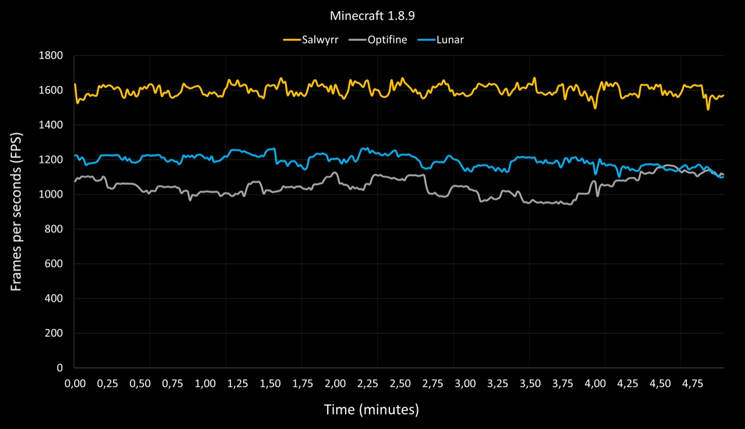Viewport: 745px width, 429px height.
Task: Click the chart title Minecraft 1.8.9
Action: tap(372, 16)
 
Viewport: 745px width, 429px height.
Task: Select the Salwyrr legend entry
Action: tap(311, 40)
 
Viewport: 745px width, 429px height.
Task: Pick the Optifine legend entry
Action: tap(378, 40)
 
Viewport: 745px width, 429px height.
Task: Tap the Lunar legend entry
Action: tap(441, 40)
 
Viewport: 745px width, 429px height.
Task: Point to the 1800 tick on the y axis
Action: tap(51, 55)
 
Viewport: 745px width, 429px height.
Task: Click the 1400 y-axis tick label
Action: tap(51, 125)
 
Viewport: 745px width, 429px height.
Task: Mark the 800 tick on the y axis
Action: tap(54, 229)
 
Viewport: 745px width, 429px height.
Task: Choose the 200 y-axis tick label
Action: tap(54, 333)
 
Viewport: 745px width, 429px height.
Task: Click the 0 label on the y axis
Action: tap(59, 368)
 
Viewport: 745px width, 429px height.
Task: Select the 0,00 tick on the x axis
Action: tap(75, 384)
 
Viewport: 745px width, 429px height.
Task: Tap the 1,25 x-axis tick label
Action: tap(237, 384)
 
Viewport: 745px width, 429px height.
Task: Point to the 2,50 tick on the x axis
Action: tap(400, 384)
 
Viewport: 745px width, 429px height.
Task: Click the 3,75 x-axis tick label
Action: tap(563, 384)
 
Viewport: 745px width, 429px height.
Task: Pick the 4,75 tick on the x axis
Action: tap(693, 384)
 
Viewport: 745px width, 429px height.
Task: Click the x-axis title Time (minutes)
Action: tap(371, 410)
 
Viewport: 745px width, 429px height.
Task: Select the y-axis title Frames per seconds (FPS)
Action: tap(16, 212)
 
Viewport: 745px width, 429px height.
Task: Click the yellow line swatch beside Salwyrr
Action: tap(292, 40)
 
